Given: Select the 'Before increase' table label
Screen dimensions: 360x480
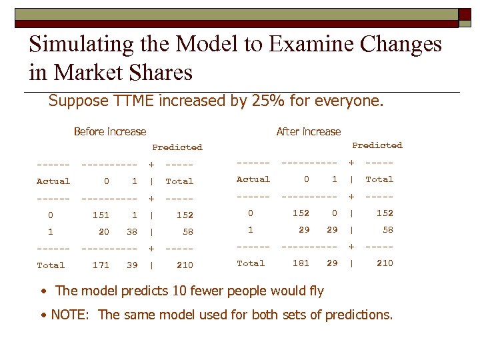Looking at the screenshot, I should click(110, 132).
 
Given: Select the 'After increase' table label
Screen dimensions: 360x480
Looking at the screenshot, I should click(308, 132).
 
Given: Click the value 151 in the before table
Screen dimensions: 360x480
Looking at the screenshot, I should click(101, 215).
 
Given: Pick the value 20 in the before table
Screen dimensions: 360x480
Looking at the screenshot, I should click(103, 232).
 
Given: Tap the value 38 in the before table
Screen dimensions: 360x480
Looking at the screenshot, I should click(132, 232).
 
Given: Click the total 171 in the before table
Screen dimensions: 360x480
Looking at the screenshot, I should click(101, 265).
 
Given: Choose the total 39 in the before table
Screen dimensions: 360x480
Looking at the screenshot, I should click(132, 265).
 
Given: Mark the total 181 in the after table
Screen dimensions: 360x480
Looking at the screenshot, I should click(301, 263).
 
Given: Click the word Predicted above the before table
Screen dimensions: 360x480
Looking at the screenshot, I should click(177, 147).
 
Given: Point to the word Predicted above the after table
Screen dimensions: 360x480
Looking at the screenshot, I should click(377, 145).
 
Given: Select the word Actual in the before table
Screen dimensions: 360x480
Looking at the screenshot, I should click(53, 181).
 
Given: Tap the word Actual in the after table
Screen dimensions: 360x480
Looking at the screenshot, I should click(253, 179).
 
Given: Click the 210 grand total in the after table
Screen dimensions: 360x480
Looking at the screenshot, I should click(385, 263).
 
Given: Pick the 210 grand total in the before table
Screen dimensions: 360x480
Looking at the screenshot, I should click(185, 265).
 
